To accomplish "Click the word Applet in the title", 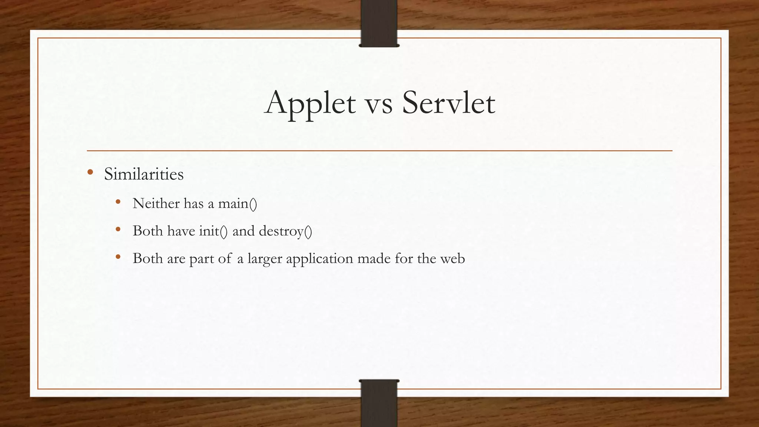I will pyautogui.click(x=310, y=103).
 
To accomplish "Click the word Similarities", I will pyautogui.click(x=144, y=174).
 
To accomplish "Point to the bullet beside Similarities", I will pyautogui.click(x=90, y=172).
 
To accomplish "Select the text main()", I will pyautogui.click(x=237, y=203).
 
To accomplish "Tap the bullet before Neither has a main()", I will pyautogui.click(x=118, y=202).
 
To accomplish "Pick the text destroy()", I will pyautogui.click(x=285, y=231).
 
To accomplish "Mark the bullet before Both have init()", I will pyautogui.click(x=118, y=229).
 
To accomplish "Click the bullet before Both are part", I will pyautogui.click(x=118, y=257).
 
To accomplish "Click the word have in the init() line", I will pyautogui.click(x=181, y=231).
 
